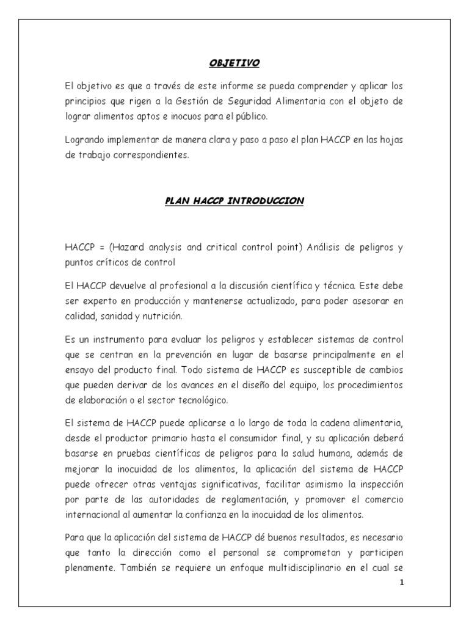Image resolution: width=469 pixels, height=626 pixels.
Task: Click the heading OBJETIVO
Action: [235, 62]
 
